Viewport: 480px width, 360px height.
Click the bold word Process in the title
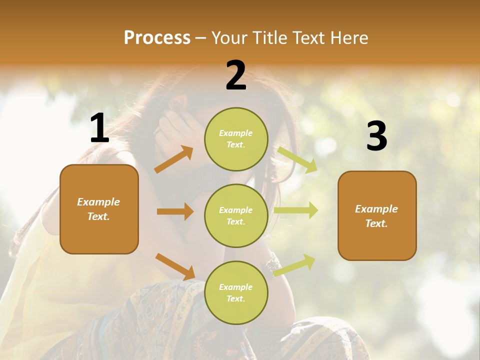[157, 38]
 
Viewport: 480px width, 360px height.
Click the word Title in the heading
[268, 38]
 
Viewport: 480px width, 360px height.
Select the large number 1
[99, 129]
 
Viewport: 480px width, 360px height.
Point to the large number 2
[236, 75]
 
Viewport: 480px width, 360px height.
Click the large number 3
[376, 136]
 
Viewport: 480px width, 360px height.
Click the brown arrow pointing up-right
[174, 159]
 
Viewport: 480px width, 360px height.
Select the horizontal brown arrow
[175, 211]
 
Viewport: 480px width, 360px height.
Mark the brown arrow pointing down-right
[175, 266]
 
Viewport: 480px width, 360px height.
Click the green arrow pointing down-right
[297, 159]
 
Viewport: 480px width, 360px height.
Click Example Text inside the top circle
[236, 139]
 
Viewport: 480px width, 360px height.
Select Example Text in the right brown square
[376, 216]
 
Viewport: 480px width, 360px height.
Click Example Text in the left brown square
[98, 209]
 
